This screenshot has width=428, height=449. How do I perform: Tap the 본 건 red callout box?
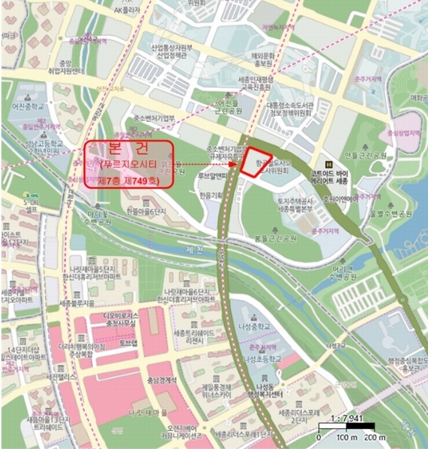(x=129, y=163)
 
